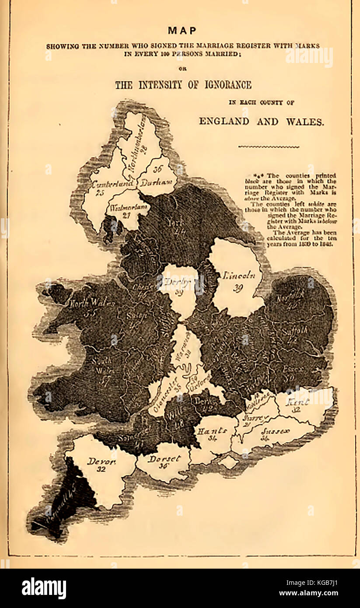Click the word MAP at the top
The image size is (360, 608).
pyautogui.click(x=182, y=31)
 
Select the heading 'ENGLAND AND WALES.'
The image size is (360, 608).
pyautogui.click(x=262, y=121)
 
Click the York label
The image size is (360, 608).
pyautogui.click(x=174, y=222)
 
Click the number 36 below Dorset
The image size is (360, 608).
pyautogui.click(x=164, y=466)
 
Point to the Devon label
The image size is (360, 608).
pyautogui.click(x=101, y=461)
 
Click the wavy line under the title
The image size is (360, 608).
pyautogui.click(x=269, y=147)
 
